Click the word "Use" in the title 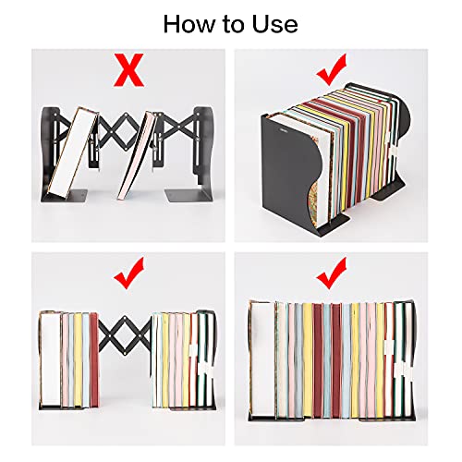(x=275, y=24)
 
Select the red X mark (x=128, y=70)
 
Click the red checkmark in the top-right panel (x=332, y=69)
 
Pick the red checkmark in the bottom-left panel (x=128, y=274)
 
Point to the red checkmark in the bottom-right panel (x=332, y=274)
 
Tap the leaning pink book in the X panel (x=137, y=155)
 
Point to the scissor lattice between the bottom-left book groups (x=125, y=335)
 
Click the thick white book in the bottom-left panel (x=50, y=359)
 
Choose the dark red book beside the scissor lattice (x=94, y=359)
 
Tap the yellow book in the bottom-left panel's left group (x=78, y=359)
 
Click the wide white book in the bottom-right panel (x=262, y=359)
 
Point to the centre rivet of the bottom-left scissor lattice (x=125, y=335)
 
